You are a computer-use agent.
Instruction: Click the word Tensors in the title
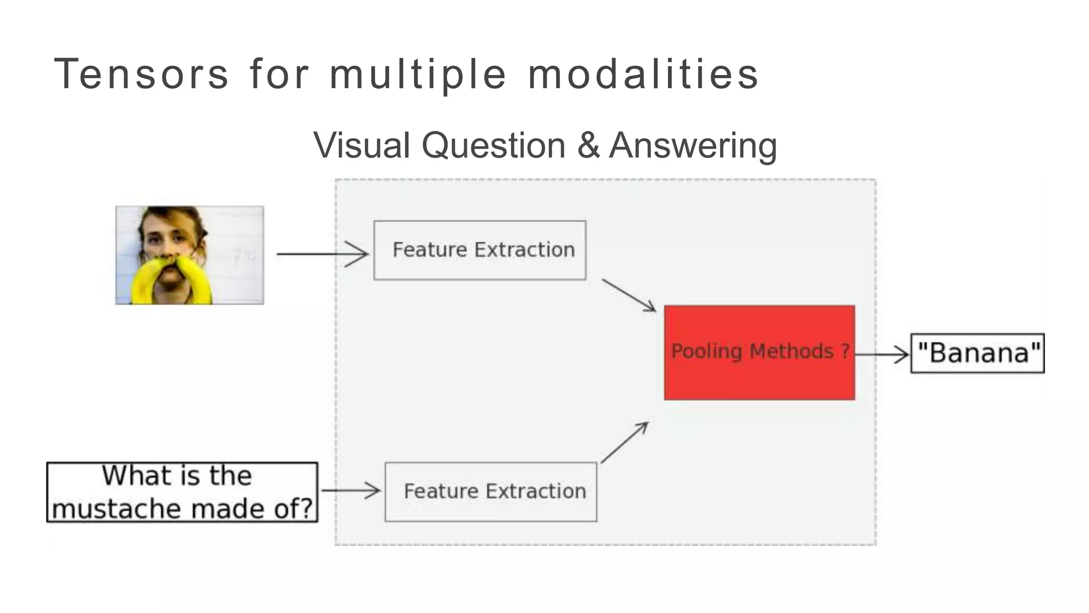pos(141,74)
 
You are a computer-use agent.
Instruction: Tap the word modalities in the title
pos(643,74)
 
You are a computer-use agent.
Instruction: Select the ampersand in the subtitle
pos(588,145)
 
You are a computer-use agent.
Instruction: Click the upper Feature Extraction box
pos(480,250)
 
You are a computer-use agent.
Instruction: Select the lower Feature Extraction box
pos(490,492)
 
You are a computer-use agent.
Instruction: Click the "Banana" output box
pos(977,353)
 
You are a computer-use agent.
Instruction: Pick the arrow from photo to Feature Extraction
pos(322,254)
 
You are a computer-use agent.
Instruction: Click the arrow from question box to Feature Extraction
pos(351,490)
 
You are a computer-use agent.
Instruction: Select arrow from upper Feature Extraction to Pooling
pos(629,295)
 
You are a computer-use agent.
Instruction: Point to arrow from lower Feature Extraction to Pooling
pos(625,442)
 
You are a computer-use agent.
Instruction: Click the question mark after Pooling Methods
pos(845,351)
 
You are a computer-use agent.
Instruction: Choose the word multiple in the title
pos(418,74)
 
